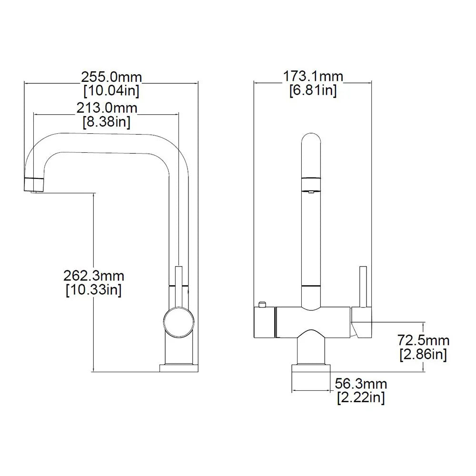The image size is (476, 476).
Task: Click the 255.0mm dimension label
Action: [111, 77]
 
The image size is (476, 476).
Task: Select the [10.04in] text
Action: [111, 90]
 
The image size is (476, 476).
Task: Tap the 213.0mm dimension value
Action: [107, 108]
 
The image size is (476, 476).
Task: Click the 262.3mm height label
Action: [94, 276]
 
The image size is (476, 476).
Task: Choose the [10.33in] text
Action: [94, 289]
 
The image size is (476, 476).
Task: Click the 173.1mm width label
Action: [313, 76]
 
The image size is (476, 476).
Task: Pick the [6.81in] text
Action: [313, 90]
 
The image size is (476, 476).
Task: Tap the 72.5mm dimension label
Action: [423, 340]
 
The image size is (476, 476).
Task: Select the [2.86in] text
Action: [423, 354]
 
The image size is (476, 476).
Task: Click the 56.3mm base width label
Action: [361, 384]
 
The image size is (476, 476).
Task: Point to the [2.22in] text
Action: [361, 397]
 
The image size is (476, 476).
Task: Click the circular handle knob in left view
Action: [178, 322]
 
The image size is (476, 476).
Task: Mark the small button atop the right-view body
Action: [261, 304]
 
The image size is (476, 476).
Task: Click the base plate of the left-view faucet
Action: [178, 368]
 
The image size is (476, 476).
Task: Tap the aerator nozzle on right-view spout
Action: [311, 190]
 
